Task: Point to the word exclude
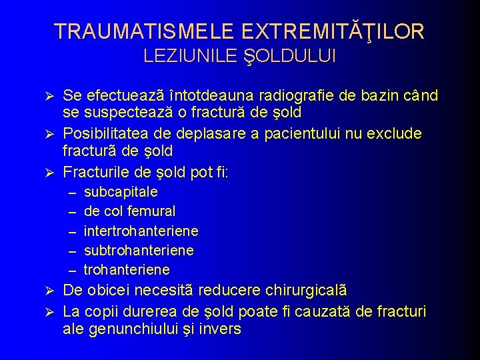tap(397, 134)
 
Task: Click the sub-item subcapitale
tap(121, 192)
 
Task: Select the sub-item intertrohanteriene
tap(141, 231)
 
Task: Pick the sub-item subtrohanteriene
tap(139, 250)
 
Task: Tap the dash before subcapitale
tap(72, 193)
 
